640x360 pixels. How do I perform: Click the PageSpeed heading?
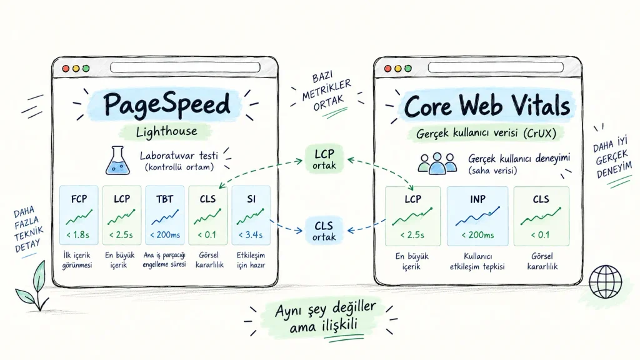click(166, 104)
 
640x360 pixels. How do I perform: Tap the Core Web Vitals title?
click(486, 106)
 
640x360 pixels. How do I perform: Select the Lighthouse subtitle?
click(166, 131)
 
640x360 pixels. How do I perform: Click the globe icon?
click(606, 282)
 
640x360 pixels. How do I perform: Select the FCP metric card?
click(79, 215)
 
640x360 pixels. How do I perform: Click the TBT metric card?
click(165, 215)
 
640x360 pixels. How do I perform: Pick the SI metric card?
click(251, 215)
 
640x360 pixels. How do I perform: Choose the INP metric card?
click(477, 216)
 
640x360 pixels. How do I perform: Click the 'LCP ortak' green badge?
click(324, 159)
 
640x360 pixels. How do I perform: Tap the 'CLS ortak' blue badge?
click(324, 231)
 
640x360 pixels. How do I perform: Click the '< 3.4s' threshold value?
click(251, 235)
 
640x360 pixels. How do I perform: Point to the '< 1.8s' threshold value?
click(78, 235)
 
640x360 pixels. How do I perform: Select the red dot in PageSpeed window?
click(66, 69)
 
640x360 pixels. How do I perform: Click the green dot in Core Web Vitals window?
click(407, 69)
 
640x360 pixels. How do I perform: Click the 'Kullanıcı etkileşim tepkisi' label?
click(477, 262)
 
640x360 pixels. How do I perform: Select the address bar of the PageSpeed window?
click(185, 67)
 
